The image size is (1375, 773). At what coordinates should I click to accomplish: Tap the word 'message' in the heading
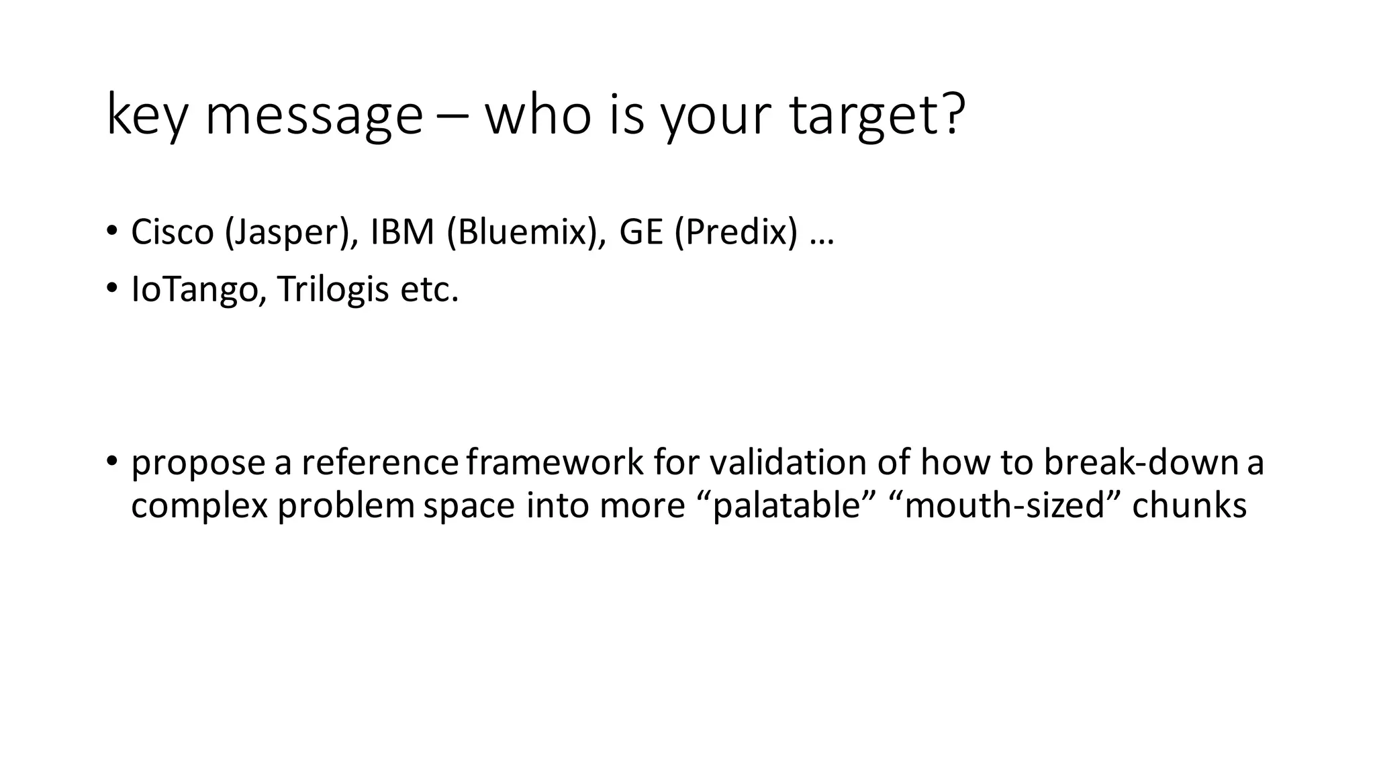[x=314, y=115]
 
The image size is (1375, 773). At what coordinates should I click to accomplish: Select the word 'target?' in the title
[x=877, y=115]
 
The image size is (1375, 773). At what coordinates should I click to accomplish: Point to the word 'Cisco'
[x=172, y=232]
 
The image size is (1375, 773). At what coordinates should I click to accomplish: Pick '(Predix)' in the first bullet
[x=737, y=232]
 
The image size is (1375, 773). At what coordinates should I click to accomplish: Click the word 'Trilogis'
[x=333, y=290]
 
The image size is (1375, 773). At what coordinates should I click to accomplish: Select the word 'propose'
[x=199, y=463]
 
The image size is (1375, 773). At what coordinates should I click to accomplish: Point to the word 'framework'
[x=555, y=463]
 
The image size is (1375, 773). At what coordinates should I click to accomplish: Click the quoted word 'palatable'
[x=786, y=505]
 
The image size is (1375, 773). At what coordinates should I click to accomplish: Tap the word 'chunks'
[x=1189, y=505]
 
